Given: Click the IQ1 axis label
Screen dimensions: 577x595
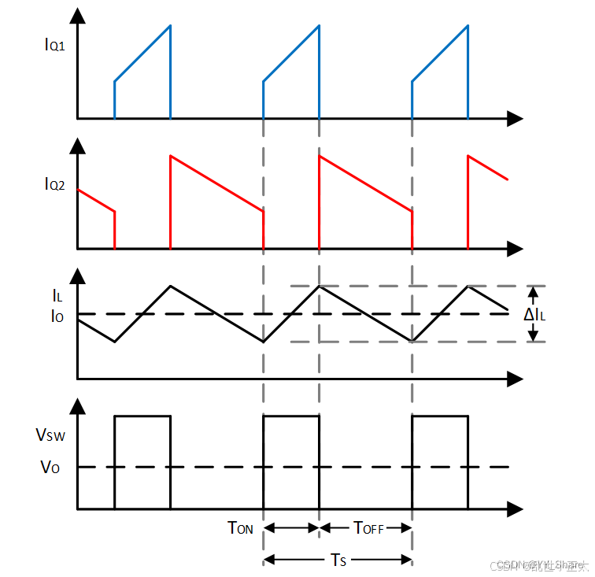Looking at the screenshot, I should [x=54, y=44].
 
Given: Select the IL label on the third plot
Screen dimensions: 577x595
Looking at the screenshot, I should [x=57, y=297].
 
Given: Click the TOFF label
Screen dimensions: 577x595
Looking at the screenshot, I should [x=368, y=528].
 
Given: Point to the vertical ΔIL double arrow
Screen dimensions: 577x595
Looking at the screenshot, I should [x=534, y=313].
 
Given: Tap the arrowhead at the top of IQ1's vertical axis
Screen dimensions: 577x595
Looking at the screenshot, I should [x=77, y=16].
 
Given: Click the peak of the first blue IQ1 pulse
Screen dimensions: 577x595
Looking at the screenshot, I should [x=170, y=26].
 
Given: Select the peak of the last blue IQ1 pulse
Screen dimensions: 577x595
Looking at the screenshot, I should [x=468, y=26].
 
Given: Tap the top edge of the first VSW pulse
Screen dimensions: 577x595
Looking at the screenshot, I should [x=142, y=416].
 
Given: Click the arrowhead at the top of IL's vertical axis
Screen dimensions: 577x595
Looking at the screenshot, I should [x=77, y=276].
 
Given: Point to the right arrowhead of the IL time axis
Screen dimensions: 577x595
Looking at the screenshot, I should [x=515, y=379].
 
